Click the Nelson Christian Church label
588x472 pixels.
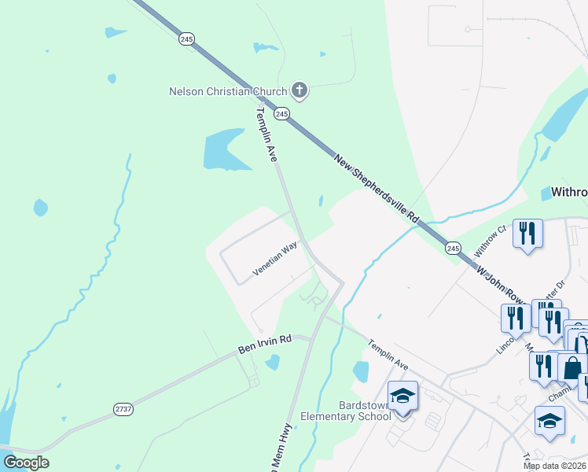(x=228, y=91)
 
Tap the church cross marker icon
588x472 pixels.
(x=299, y=90)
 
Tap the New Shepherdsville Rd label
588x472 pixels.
(x=377, y=187)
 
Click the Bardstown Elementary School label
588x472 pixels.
(x=345, y=410)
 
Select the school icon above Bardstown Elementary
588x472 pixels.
(x=402, y=396)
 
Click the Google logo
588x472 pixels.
(x=26, y=463)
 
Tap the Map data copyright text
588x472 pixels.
(x=555, y=466)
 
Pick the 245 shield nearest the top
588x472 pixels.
(x=186, y=39)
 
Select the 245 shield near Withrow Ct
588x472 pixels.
(x=453, y=249)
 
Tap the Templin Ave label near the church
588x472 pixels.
(x=265, y=134)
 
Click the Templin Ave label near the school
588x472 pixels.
(x=389, y=356)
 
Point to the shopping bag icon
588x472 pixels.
(x=572, y=367)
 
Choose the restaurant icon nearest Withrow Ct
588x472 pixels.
(x=527, y=233)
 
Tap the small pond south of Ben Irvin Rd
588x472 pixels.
(x=272, y=362)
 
